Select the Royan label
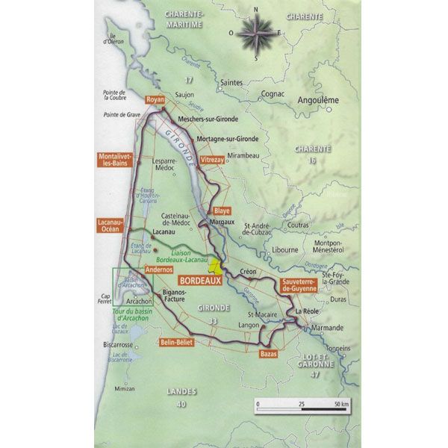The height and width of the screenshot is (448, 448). (155, 99)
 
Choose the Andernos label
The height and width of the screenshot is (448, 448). (158, 270)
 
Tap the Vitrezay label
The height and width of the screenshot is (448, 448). (213, 160)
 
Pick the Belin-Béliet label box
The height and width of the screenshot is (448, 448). (176, 342)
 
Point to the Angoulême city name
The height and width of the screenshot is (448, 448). (319, 100)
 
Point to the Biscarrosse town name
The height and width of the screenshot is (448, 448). (118, 345)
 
